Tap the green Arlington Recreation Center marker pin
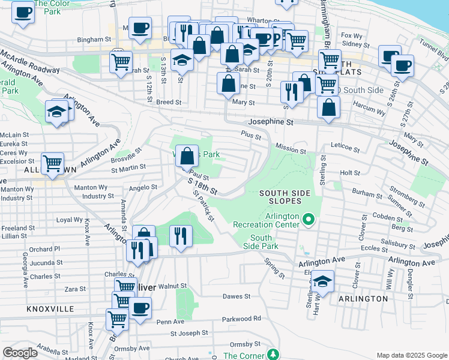click(x=309, y=220)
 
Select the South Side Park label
click(x=264, y=242)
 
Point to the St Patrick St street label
click(x=203, y=206)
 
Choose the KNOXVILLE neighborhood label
click(x=50, y=308)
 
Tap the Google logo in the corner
click(x=20, y=353)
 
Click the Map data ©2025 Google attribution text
click(x=411, y=355)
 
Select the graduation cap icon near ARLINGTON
click(x=322, y=281)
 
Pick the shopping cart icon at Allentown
click(x=53, y=162)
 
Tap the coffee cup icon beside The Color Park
click(x=23, y=11)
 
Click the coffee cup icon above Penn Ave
click(x=140, y=308)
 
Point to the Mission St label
click(x=291, y=146)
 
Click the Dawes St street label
click(x=236, y=296)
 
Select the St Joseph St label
click(x=189, y=332)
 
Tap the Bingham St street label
click(x=91, y=40)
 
